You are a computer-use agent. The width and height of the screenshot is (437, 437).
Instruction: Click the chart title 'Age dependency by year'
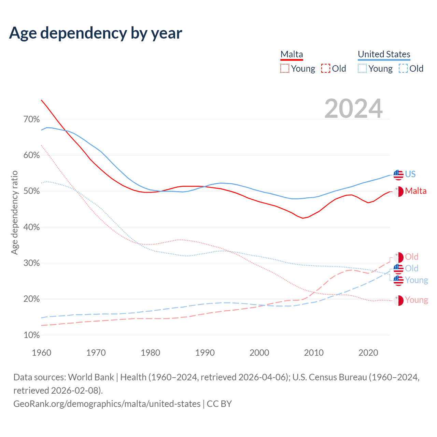click(96, 33)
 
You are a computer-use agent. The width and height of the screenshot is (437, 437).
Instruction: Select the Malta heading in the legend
click(292, 54)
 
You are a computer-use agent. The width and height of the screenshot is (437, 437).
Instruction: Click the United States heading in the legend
click(384, 54)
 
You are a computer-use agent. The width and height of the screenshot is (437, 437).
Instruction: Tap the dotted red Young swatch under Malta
click(284, 69)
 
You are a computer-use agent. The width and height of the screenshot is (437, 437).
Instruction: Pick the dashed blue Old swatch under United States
click(403, 69)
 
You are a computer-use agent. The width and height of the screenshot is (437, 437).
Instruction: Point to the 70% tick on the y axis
click(31, 119)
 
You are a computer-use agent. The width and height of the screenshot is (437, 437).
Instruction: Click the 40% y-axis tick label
click(31, 227)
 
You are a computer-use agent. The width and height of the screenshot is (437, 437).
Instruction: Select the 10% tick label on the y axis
click(31, 335)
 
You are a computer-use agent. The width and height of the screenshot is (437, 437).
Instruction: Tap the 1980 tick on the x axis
click(151, 353)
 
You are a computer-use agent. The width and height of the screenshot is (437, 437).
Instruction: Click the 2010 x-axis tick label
click(314, 353)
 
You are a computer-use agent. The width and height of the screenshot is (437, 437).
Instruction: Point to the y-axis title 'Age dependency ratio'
click(14, 212)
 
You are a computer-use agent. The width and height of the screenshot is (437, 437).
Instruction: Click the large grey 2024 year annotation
click(353, 109)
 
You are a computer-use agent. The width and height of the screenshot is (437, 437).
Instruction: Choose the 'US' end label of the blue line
click(410, 174)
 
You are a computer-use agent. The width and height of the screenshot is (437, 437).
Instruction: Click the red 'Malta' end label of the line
click(416, 191)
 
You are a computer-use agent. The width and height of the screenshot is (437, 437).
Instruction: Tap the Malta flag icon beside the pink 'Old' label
click(398, 257)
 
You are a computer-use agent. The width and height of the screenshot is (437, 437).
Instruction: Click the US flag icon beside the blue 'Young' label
click(398, 281)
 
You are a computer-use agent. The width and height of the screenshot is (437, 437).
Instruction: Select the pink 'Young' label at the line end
click(417, 300)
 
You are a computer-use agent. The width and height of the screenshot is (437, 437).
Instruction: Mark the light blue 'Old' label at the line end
click(412, 268)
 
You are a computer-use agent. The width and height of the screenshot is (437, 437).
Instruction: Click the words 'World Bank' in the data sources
click(91, 377)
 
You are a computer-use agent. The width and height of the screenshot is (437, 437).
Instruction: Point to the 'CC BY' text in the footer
click(219, 404)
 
